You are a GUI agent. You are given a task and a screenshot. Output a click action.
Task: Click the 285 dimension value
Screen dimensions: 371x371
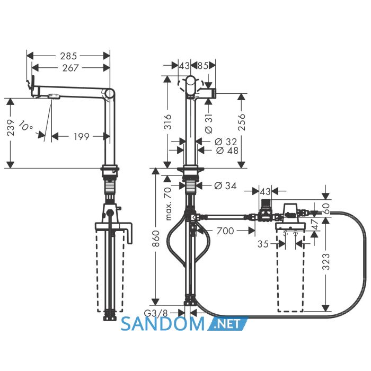tap(68, 56)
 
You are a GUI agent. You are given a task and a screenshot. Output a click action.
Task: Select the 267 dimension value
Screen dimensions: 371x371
tap(70, 68)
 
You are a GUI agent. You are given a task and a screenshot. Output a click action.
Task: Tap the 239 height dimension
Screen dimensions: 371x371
tap(11, 128)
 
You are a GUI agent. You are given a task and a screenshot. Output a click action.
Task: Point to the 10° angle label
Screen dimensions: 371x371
tap(25, 126)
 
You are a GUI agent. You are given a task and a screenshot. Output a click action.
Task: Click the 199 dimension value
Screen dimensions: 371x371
tap(82, 137)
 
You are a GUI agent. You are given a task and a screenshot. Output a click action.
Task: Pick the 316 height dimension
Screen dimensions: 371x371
tap(168, 121)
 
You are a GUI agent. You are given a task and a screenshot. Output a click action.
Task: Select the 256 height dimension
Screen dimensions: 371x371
tap(242, 122)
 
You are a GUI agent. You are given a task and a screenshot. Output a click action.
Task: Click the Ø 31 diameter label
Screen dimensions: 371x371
tap(209, 123)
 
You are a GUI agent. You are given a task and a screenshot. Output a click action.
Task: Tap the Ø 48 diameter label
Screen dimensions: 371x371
tap(227, 150)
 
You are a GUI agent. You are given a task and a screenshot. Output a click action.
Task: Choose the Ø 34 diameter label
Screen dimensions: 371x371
tap(225, 185)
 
